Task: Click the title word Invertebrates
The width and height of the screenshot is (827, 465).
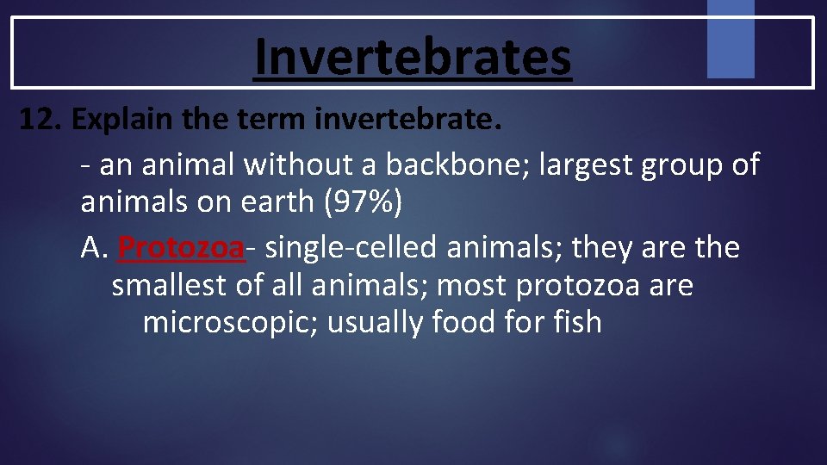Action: (x=413, y=56)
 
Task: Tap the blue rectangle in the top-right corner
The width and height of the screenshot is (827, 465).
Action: (x=730, y=39)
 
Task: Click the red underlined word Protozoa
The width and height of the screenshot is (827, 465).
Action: (x=182, y=248)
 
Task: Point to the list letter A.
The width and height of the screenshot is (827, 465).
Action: (x=92, y=248)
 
